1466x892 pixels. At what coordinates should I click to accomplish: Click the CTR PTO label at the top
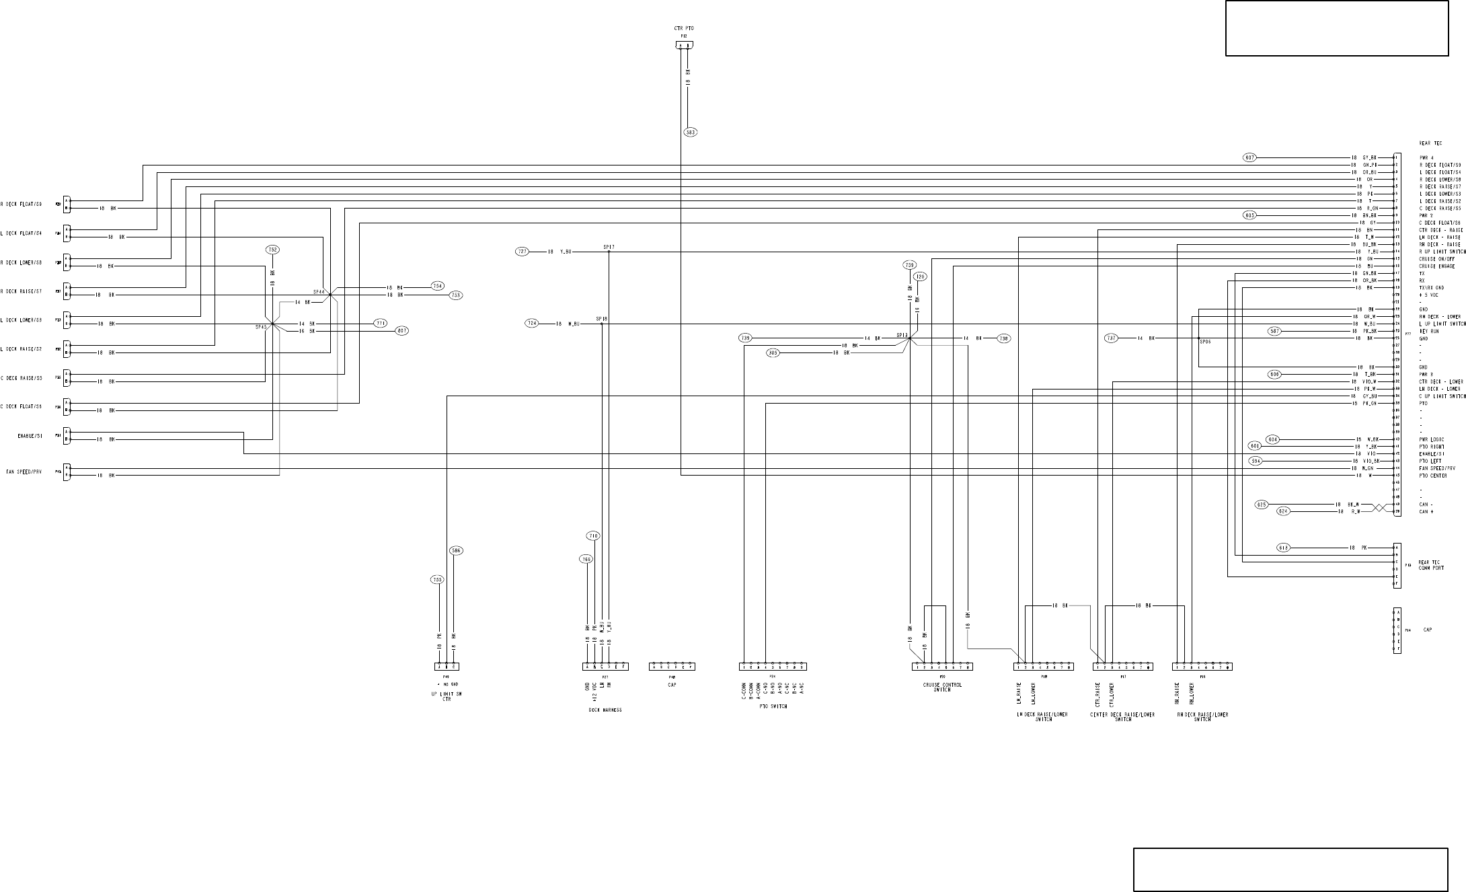click(x=683, y=28)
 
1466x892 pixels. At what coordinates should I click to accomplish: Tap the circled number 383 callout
click(x=690, y=133)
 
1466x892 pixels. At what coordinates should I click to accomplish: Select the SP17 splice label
click(x=609, y=247)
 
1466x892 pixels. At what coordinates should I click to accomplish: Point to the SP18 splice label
click(x=601, y=319)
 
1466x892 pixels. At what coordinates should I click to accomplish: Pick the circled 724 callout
click(x=532, y=324)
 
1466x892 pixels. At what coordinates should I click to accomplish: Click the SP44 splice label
click(x=319, y=292)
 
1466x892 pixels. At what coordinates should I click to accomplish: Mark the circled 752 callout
click(x=272, y=250)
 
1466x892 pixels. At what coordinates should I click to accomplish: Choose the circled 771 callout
click(x=381, y=324)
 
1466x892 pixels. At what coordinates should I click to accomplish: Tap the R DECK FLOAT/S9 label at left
click(x=22, y=205)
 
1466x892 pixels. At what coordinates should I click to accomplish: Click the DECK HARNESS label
click(x=605, y=710)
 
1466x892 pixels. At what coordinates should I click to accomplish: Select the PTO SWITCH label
click(x=773, y=706)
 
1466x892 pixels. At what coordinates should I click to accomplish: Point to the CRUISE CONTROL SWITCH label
click(x=942, y=687)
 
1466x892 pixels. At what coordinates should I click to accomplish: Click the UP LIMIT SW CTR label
click(x=447, y=697)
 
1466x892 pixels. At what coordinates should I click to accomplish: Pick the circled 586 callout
click(x=456, y=551)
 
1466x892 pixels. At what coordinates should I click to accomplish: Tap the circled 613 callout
click(x=1283, y=548)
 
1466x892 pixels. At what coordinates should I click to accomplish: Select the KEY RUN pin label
click(x=1428, y=331)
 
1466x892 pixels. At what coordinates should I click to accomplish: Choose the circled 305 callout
click(x=773, y=352)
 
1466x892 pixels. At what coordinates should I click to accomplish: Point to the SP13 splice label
click(x=902, y=334)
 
